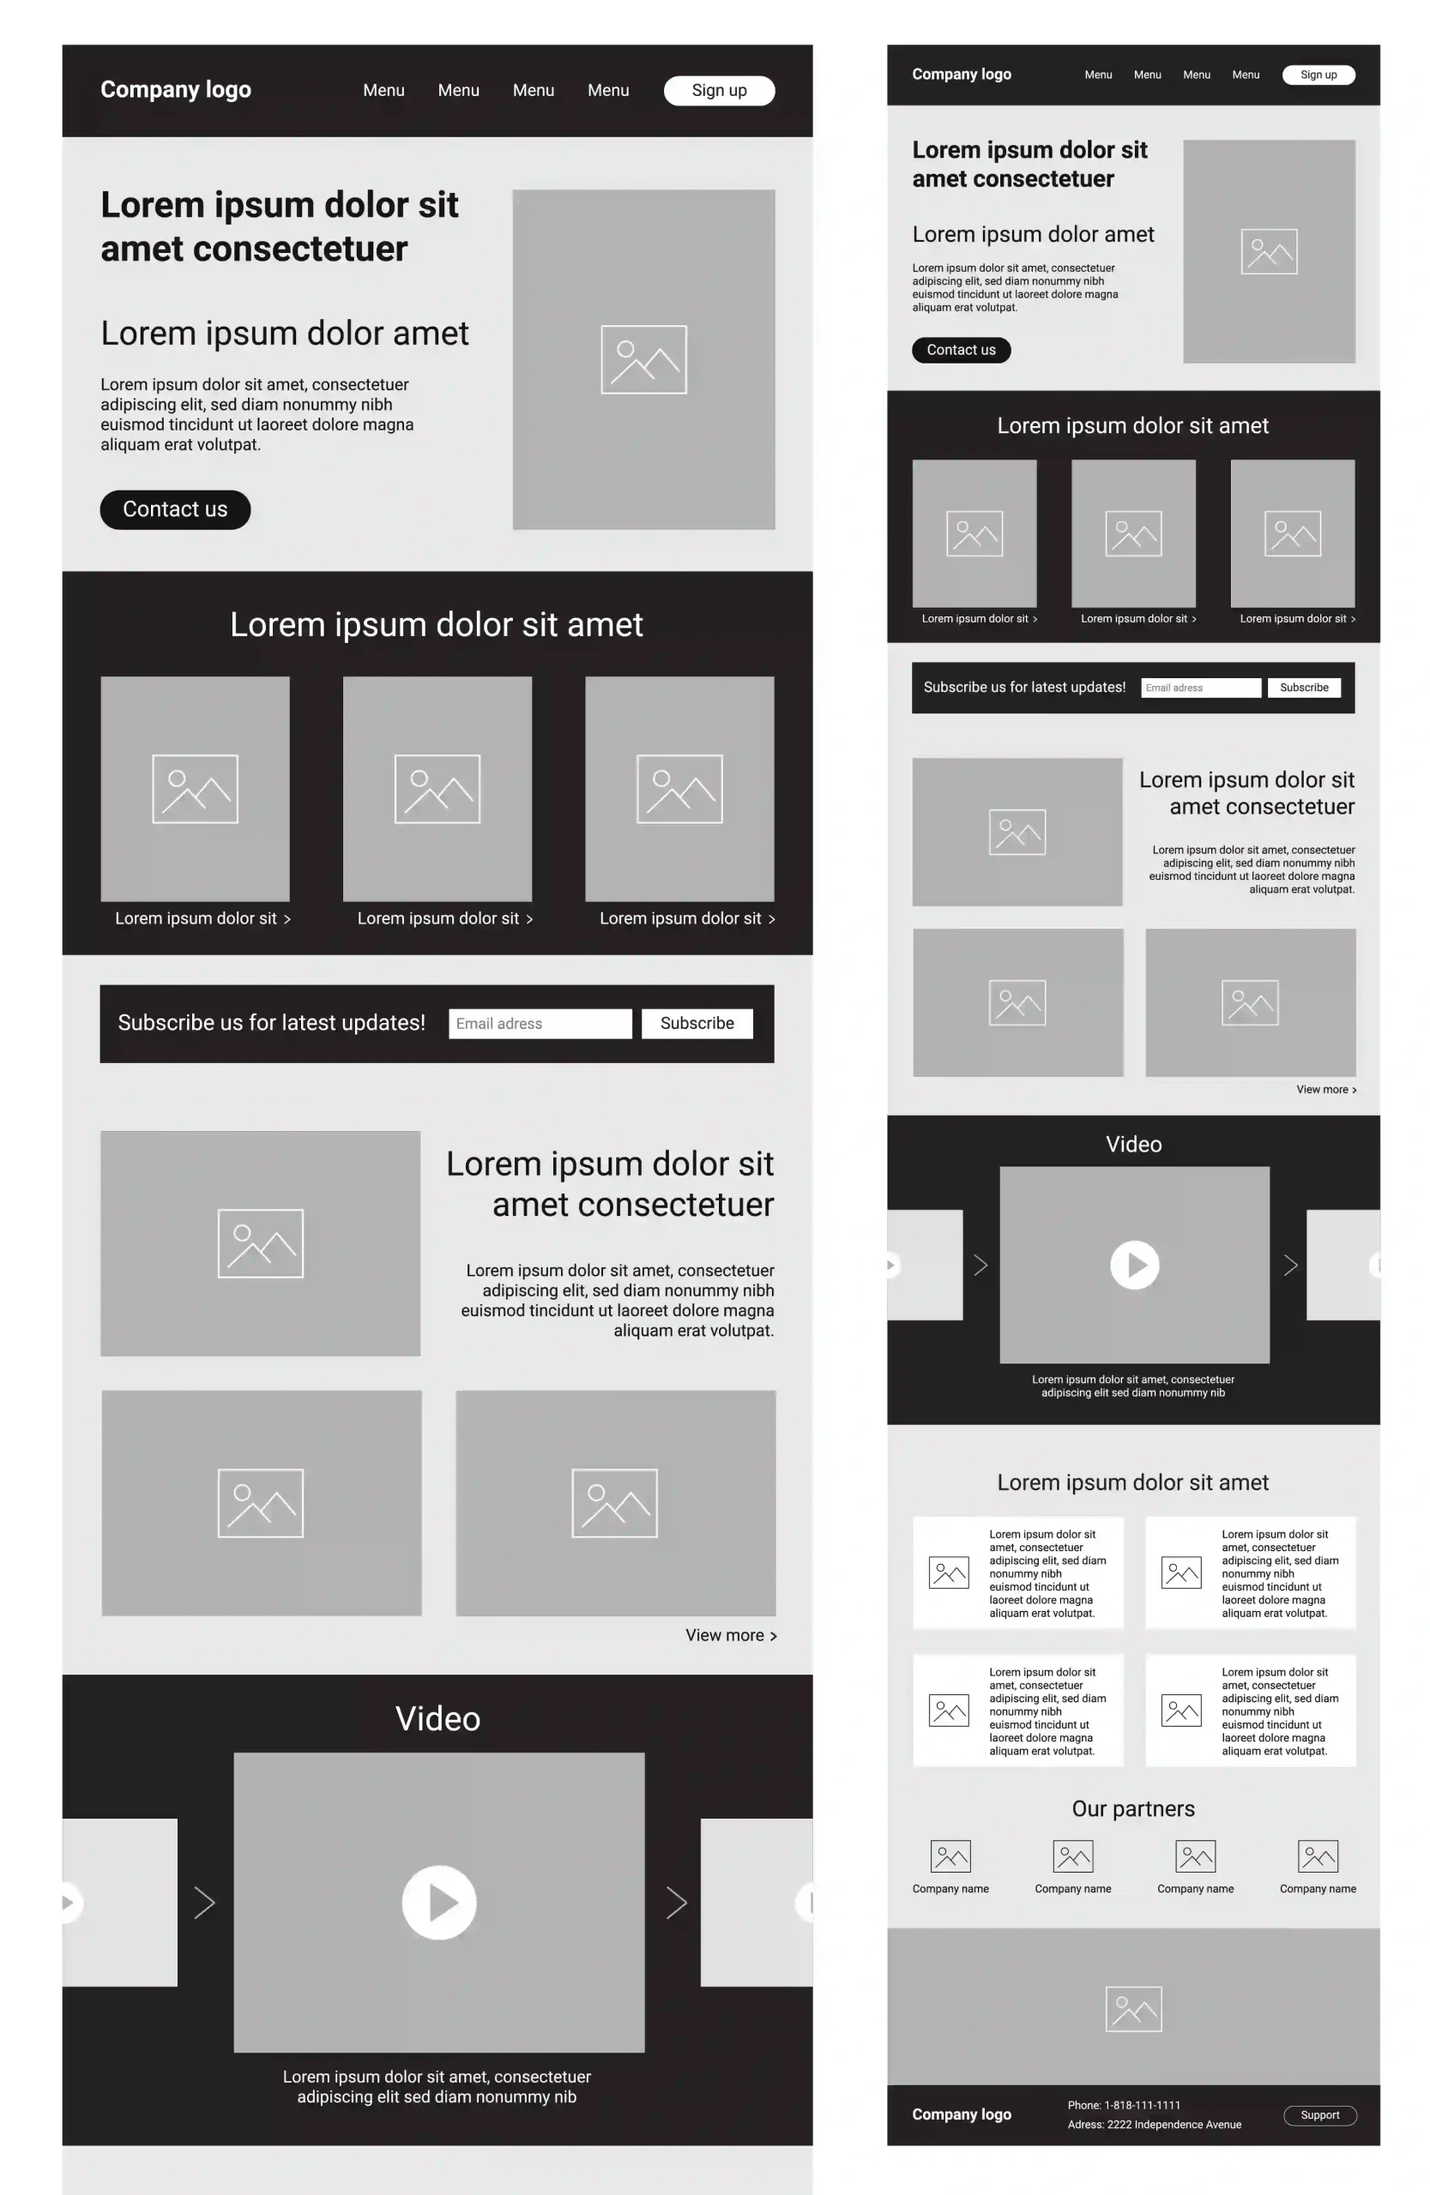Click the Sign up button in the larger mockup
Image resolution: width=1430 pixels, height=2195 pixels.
click(719, 90)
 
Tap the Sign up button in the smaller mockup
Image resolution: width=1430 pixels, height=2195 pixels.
click(1318, 75)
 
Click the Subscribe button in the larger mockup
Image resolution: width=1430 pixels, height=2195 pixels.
click(697, 1023)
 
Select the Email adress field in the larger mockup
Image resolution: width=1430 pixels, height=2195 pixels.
click(540, 1023)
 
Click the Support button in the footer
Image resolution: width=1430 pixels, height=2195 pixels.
click(1319, 2114)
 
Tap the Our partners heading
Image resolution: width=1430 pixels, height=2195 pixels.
click(1133, 1808)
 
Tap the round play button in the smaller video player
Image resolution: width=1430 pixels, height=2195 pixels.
click(1134, 1265)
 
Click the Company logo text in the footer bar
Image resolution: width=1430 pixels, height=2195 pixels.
click(962, 2114)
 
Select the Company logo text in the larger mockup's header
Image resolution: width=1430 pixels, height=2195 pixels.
click(175, 89)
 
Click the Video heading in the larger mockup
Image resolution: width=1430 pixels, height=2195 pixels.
click(437, 1718)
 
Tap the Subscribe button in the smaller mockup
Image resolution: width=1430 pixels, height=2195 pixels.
click(1304, 687)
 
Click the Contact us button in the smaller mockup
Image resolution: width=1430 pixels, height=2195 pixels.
click(961, 350)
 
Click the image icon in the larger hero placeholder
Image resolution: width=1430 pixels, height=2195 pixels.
click(643, 358)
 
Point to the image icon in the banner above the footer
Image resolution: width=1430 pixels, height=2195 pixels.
click(1133, 2009)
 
